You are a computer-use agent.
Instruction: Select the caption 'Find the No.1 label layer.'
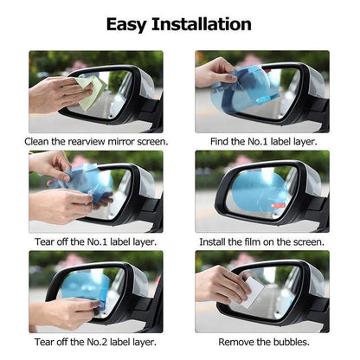(x=261, y=140)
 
